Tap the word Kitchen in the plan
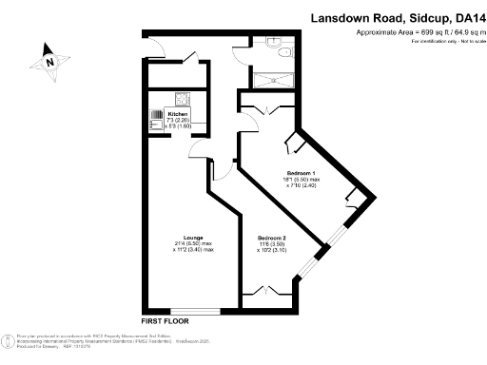pos(180,114)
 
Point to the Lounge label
pos(193,238)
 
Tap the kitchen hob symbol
pos(181,98)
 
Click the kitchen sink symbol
pos(155,119)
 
